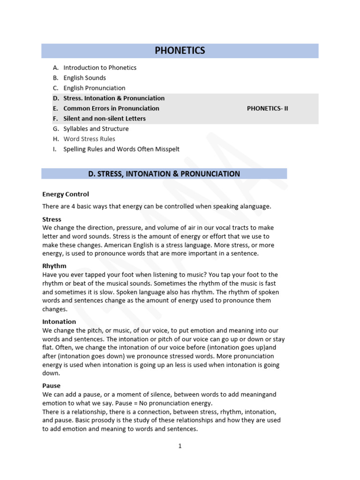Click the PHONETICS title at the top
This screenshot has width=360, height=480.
pyautogui.click(x=180, y=51)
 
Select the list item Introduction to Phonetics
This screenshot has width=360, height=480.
pyautogui.click(x=100, y=67)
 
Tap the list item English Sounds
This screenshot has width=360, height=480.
pyautogui.click(x=84, y=78)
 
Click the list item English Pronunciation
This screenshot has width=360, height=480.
pyautogui.click(x=94, y=88)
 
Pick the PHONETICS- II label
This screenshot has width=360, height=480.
pyautogui.click(x=268, y=108)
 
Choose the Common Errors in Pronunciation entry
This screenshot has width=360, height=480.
pyautogui.click(x=111, y=108)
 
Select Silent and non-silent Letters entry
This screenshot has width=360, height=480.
pyautogui.click(x=105, y=119)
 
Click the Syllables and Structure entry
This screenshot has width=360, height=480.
pyautogui.click(x=96, y=129)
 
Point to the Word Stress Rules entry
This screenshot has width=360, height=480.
pyautogui.click(x=89, y=139)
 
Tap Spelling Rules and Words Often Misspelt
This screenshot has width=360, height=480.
pyautogui.click(x=121, y=150)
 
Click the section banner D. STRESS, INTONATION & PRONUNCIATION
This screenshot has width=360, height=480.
pyautogui.click(x=164, y=174)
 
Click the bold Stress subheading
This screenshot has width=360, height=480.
pyautogui.click(x=52, y=219)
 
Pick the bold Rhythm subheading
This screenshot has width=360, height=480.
pyautogui.click(x=54, y=266)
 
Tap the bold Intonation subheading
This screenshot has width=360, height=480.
pyautogui.click(x=59, y=322)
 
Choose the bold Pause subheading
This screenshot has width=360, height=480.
pyautogui.click(x=52, y=386)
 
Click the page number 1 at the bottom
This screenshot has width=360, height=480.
pyautogui.click(x=180, y=446)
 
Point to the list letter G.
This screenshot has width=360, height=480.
pyautogui.click(x=55, y=129)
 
